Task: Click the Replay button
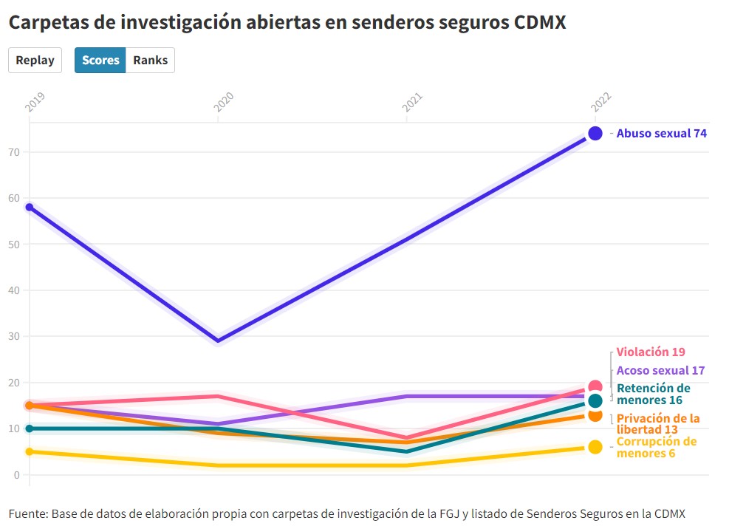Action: (35, 61)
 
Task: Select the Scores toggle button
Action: (100, 61)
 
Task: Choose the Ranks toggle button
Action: (150, 61)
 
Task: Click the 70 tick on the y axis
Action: (15, 152)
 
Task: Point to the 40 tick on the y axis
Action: (15, 290)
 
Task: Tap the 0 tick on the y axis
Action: (18, 474)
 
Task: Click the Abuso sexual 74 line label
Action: (662, 134)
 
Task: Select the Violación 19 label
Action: (651, 352)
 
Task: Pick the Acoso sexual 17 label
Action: (660, 370)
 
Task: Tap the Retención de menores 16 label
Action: (653, 394)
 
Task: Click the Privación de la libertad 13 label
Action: (657, 423)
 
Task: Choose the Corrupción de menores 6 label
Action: (656, 447)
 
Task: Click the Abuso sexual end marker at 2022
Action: (595, 133)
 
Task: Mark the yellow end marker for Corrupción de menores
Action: (595, 447)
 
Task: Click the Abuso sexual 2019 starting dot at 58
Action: (30, 207)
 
